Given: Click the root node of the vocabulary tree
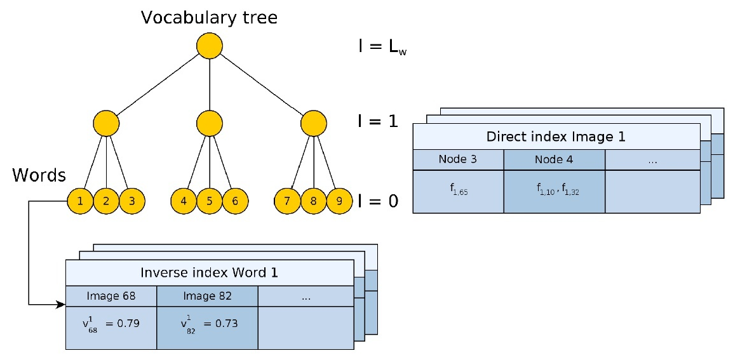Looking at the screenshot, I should click(209, 46).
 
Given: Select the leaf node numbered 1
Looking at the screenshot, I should click(80, 201).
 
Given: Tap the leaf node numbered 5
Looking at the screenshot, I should click(209, 201).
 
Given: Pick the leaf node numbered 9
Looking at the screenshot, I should click(339, 201).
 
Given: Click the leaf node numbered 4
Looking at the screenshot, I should click(184, 201).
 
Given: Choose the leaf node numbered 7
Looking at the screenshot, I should click(287, 201).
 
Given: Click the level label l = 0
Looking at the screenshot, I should click(378, 201).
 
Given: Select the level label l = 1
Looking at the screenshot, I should click(378, 121).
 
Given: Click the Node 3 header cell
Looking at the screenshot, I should click(457, 159).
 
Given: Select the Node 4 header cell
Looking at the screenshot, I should click(553, 159).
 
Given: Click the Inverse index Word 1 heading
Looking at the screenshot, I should click(209, 273).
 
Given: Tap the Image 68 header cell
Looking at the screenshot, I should click(111, 296).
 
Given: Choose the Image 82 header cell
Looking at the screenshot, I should click(207, 296).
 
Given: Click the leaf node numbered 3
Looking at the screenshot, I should click(132, 201).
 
